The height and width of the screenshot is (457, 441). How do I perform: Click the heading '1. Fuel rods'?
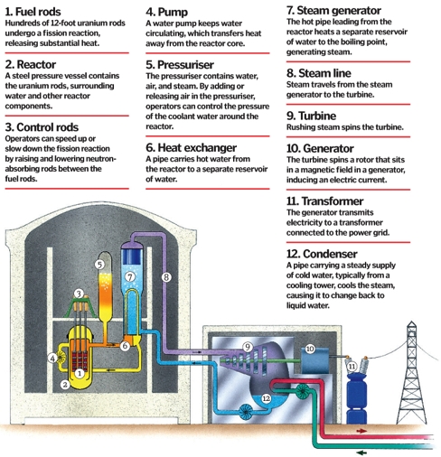tap(33, 12)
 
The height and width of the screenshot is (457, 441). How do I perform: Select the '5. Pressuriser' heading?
tap(180, 65)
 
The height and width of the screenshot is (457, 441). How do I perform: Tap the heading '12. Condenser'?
tap(322, 254)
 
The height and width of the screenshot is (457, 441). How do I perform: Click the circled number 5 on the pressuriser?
tap(99, 265)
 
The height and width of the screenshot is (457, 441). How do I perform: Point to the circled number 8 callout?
tap(166, 277)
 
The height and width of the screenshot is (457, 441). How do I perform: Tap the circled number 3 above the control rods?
tap(79, 294)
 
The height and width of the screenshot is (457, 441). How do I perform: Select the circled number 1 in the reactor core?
tap(80, 374)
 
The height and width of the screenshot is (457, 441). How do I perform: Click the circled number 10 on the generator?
tap(310, 349)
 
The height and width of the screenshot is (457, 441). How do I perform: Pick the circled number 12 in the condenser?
tap(266, 398)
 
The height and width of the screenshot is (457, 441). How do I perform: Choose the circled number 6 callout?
tap(125, 346)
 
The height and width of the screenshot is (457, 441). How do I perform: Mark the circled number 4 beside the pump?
tap(52, 359)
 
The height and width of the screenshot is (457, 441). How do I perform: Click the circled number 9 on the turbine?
tap(248, 347)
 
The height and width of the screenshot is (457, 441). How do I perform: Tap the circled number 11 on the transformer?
tap(352, 367)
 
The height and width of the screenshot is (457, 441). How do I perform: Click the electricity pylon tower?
tap(411, 373)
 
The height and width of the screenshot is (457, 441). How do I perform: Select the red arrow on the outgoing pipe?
tap(361, 431)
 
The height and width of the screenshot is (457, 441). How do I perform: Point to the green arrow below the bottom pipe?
tap(361, 452)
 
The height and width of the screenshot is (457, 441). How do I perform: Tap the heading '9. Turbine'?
tap(311, 116)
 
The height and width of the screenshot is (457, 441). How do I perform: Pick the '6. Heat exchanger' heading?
tap(192, 148)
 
